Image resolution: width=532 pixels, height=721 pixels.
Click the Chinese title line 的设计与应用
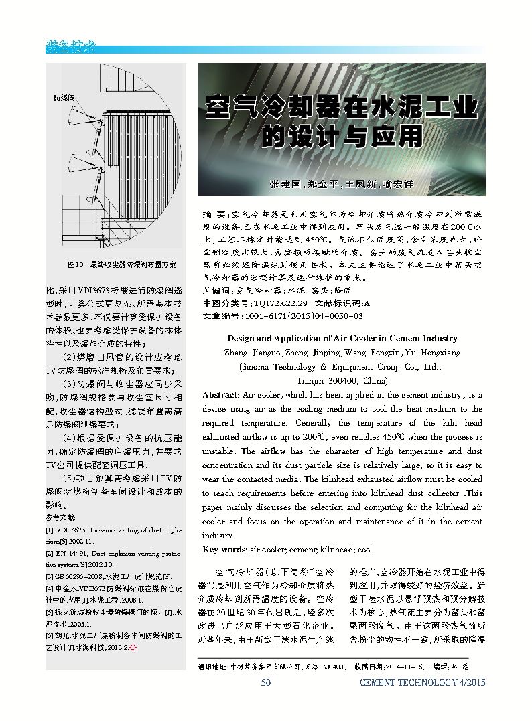coord(342,136)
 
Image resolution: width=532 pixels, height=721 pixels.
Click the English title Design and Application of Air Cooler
coord(342,339)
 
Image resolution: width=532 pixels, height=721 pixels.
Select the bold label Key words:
coord(224,550)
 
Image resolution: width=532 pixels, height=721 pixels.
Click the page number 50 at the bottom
coord(265,682)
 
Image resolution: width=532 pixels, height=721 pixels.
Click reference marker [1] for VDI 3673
coord(50,530)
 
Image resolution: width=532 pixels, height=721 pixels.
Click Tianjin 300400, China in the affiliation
coord(342,380)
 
